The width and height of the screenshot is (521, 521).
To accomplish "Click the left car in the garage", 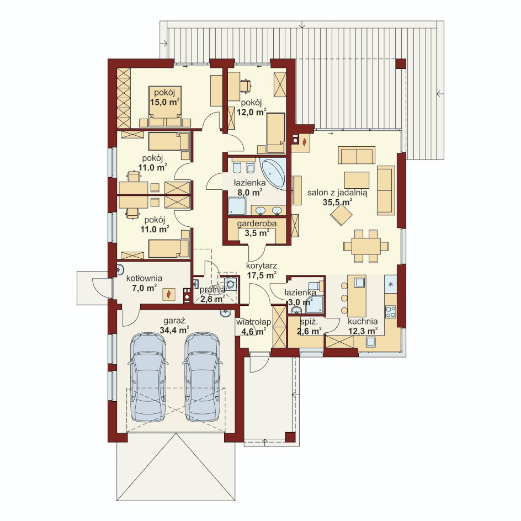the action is [x=147, y=377].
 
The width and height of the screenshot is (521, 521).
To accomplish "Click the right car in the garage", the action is [x=203, y=377].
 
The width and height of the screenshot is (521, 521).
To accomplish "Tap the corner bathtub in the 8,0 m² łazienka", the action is [x=273, y=173].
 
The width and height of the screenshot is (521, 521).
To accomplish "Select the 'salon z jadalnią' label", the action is [x=337, y=193].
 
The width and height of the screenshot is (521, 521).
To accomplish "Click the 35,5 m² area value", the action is [x=337, y=202].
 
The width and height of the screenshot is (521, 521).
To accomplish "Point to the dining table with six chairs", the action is [x=366, y=246].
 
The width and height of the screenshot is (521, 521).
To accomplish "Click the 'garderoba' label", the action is [x=257, y=224].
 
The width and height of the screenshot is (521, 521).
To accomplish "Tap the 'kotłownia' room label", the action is [x=144, y=278].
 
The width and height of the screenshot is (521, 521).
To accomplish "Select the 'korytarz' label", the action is [x=262, y=266].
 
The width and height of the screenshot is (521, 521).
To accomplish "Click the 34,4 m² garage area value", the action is [x=174, y=330].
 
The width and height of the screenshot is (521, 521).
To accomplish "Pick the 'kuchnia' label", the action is [x=363, y=321].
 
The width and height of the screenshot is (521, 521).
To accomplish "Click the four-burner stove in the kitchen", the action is [x=390, y=312].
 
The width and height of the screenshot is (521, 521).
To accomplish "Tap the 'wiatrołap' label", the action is [x=253, y=322].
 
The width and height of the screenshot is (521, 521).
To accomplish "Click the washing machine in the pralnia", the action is [x=231, y=284].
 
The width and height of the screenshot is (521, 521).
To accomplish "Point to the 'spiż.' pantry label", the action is [x=309, y=322].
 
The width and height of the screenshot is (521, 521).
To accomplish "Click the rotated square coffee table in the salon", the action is [x=341, y=215].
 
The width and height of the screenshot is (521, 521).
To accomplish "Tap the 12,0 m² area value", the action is [x=252, y=112].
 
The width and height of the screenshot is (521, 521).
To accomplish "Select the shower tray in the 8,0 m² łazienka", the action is [x=237, y=206].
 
